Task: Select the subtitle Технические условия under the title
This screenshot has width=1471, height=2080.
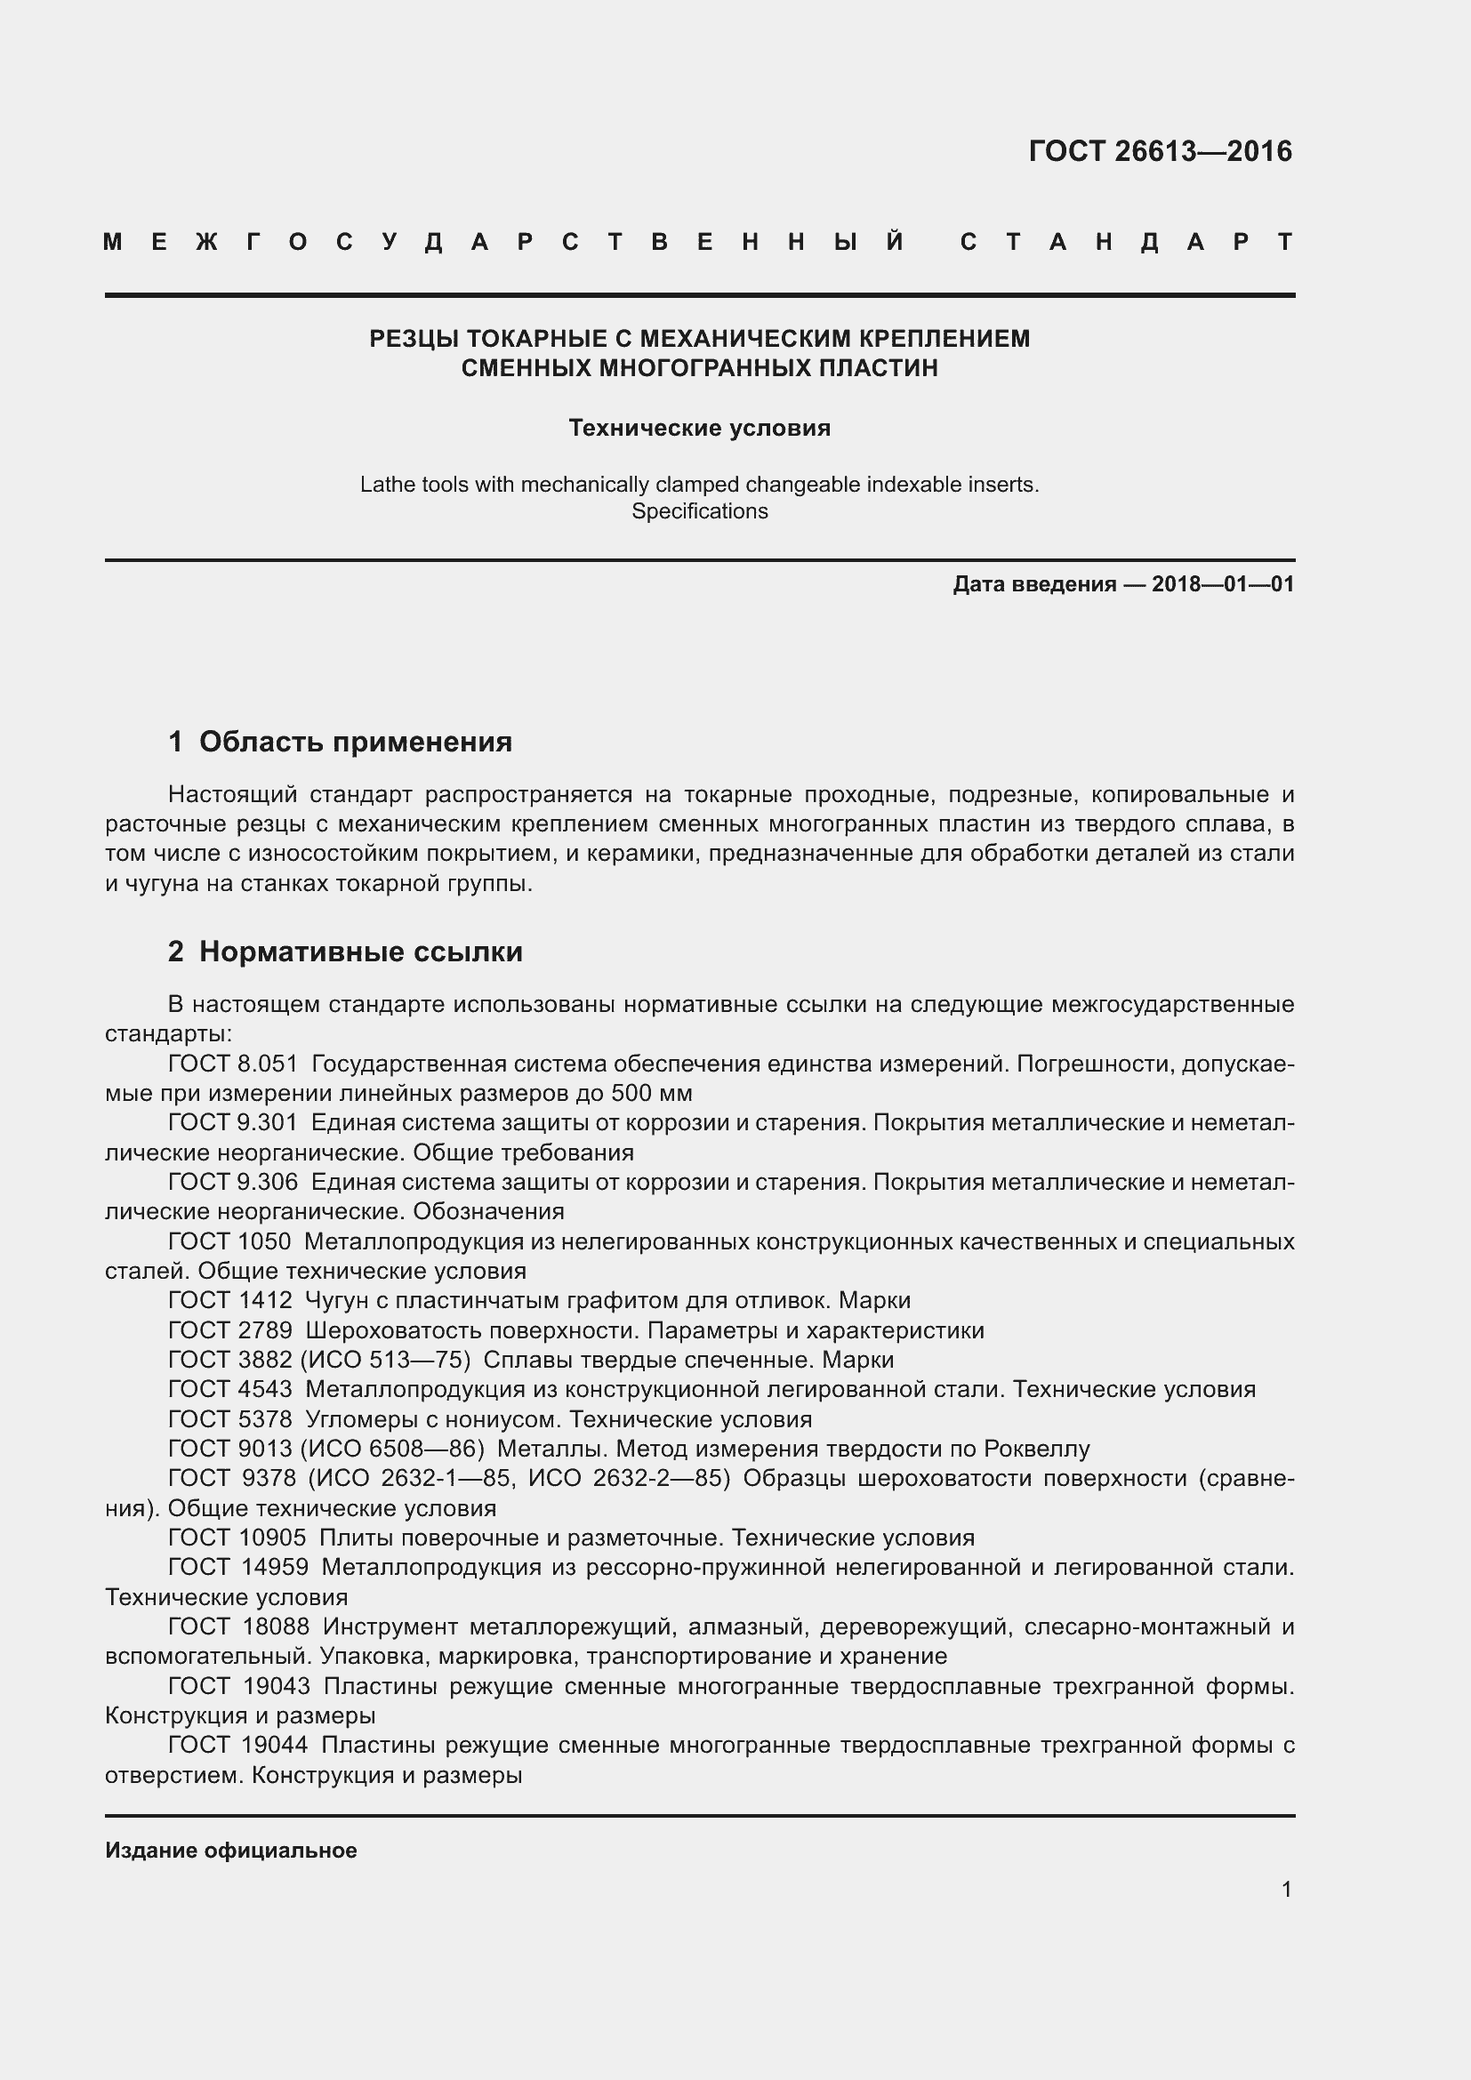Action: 699,428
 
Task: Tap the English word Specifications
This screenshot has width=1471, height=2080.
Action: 699,511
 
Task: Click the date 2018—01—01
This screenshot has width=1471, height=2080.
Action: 1223,584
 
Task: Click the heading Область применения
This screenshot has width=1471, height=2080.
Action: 355,742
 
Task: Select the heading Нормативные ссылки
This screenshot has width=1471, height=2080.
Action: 360,952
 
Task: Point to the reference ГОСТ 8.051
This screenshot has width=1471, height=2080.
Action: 233,1064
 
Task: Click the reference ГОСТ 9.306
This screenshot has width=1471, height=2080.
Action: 233,1182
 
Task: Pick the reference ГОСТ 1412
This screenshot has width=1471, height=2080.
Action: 230,1301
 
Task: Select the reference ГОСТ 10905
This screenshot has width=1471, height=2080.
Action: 237,1538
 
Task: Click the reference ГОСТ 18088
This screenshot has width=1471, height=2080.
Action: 239,1627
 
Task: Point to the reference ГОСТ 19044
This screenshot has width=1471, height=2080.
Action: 238,1746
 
